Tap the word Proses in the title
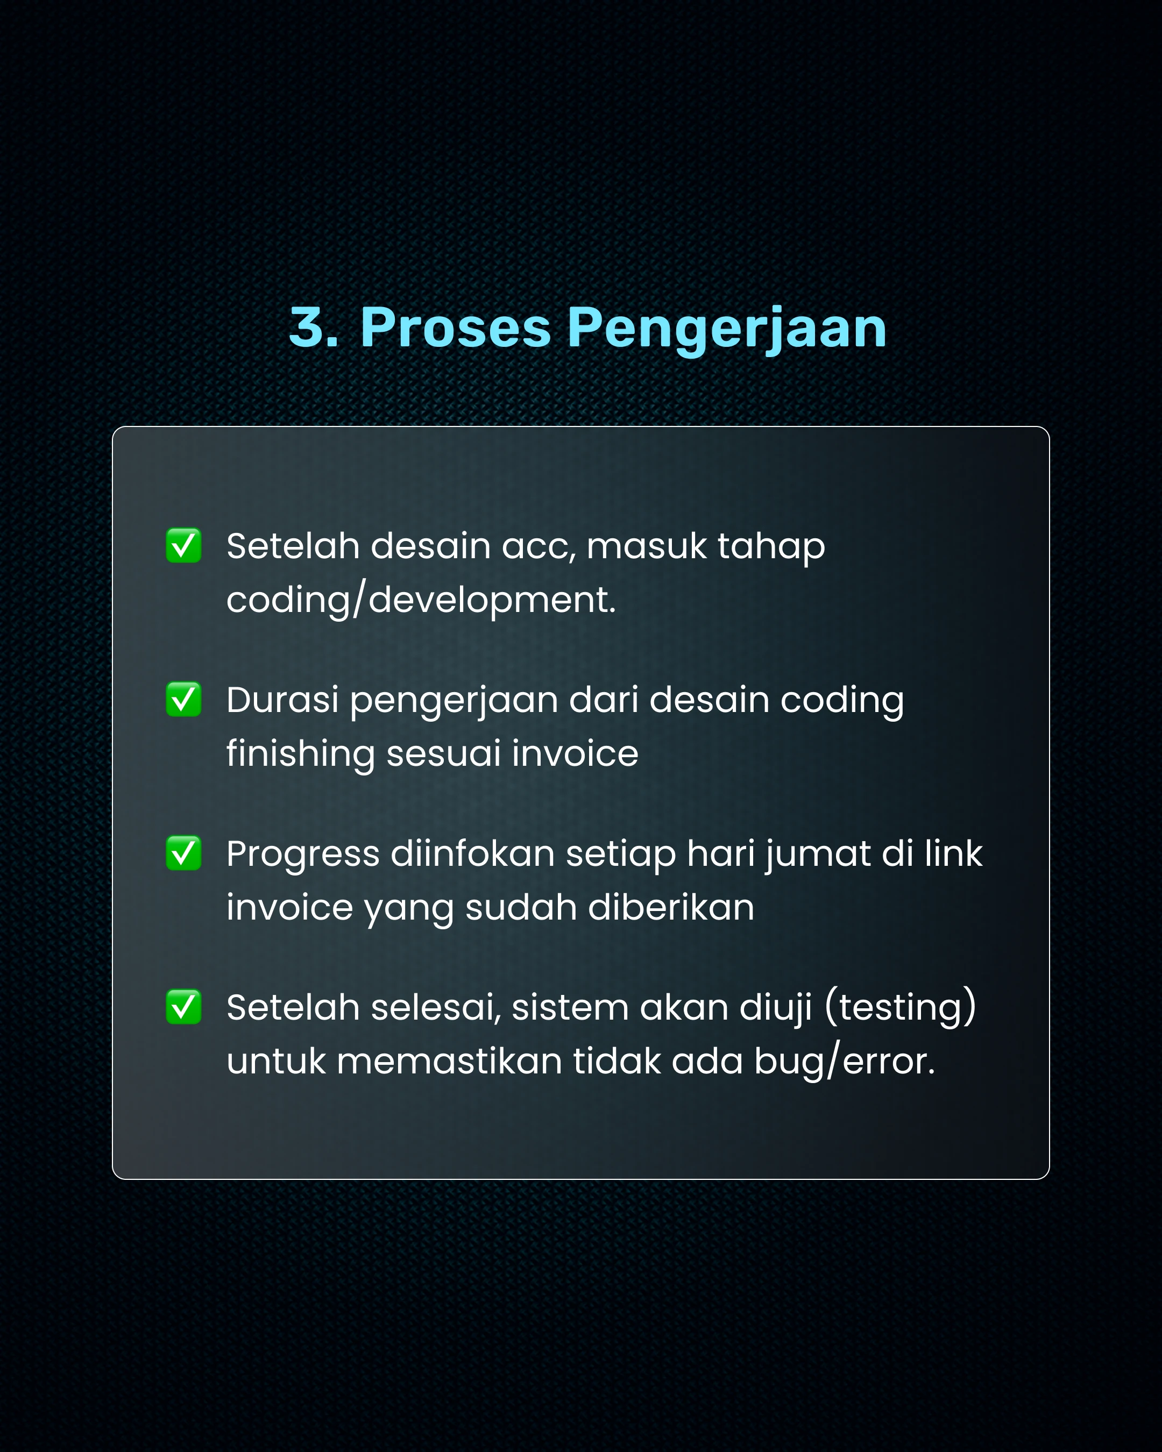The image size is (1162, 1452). click(455, 328)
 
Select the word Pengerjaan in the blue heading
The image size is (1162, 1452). click(727, 330)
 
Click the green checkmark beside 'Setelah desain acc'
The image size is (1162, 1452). click(184, 545)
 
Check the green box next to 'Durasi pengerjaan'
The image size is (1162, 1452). click(184, 699)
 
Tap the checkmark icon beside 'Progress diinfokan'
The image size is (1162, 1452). click(184, 853)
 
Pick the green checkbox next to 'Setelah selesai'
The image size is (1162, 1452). click(184, 1007)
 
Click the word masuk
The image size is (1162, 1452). click(647, 546)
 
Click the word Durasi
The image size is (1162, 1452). click(282, 700)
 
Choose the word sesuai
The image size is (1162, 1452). click(443, 753)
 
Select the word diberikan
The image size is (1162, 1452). click(671, 907)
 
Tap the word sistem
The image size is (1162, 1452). click(570, 1009)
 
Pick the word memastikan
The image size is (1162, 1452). click(449, 1062)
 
